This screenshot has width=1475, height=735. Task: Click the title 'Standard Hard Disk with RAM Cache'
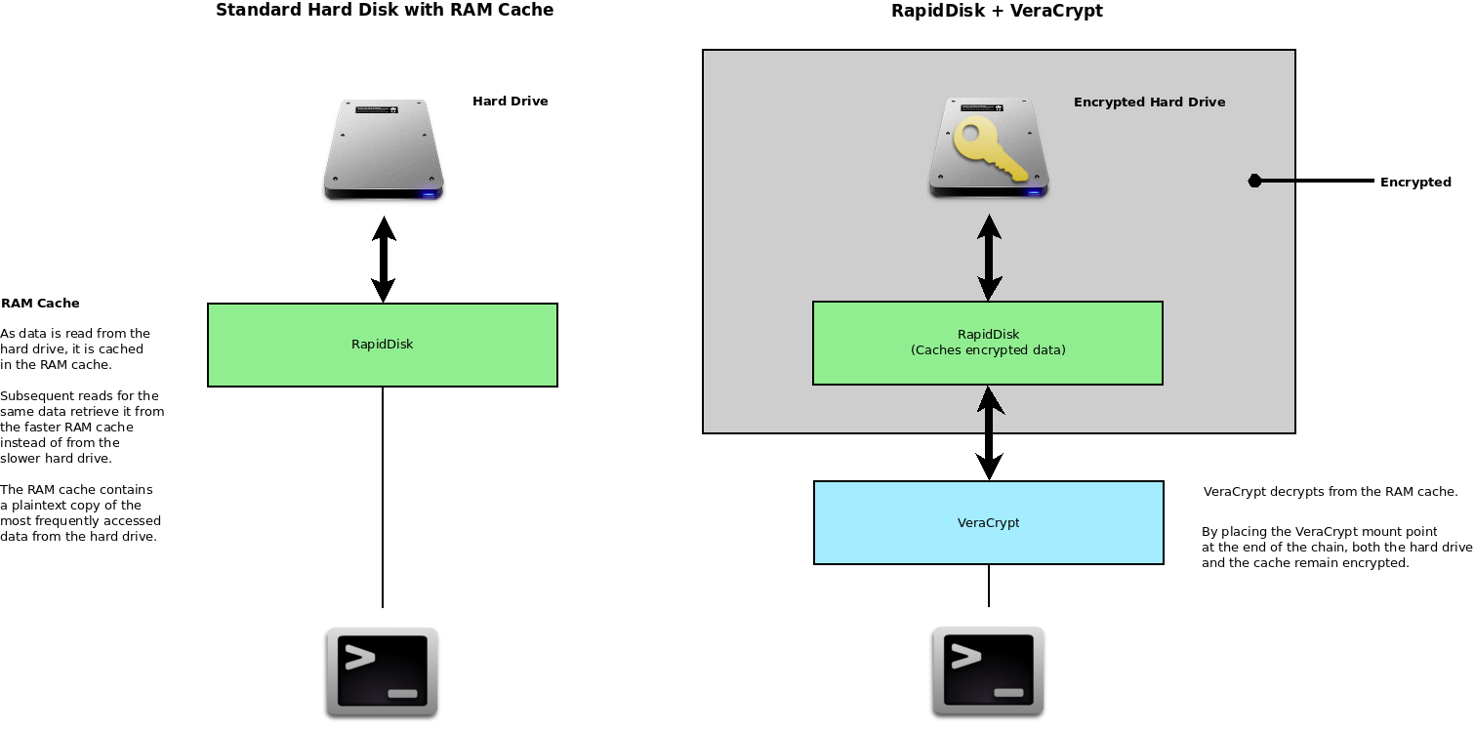[384, 11]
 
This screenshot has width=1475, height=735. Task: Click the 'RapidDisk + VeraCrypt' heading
[997, 12]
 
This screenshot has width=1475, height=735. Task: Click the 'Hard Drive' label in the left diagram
[510, 102]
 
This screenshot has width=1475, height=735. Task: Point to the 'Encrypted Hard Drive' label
[1149, 102]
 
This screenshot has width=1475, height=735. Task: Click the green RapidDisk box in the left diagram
[382, 345]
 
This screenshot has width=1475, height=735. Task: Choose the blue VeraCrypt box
[988, 522]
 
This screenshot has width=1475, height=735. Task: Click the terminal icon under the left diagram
[382, 673]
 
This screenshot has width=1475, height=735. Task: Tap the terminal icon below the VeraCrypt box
[988, 672]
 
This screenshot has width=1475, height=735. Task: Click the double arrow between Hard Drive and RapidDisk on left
[383, 259]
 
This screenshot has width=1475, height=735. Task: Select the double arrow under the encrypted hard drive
[989, 258]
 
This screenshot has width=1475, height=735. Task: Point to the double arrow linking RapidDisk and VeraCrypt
[989, 432]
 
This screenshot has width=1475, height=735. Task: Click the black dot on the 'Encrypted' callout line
[1255, 181]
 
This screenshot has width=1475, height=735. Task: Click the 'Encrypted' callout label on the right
[1414, 183]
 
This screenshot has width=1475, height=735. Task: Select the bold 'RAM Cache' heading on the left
[40, 304]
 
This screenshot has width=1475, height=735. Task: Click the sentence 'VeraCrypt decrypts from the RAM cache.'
[1330, 492]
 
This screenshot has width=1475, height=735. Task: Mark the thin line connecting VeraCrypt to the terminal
[989, 586]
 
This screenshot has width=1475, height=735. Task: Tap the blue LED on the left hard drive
[427, 193]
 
